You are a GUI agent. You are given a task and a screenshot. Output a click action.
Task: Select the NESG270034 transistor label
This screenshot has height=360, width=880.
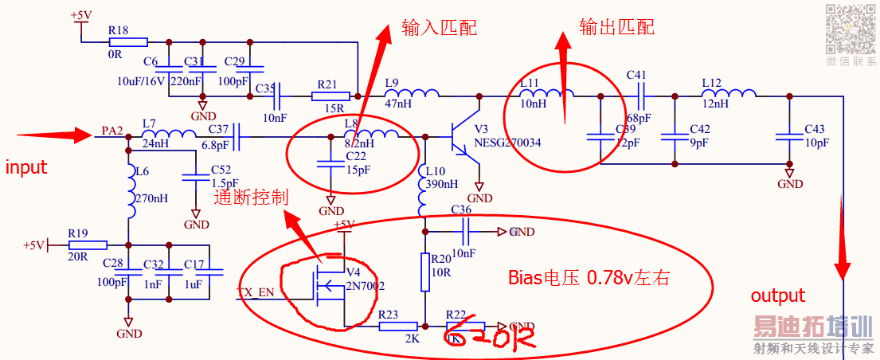click(507, 143)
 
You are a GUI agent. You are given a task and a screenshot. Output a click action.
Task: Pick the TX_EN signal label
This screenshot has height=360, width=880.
click(256, 292)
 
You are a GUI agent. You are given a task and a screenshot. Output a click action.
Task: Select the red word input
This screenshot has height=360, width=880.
click(26, 167)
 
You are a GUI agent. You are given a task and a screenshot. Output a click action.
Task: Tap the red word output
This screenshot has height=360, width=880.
click(778, 295)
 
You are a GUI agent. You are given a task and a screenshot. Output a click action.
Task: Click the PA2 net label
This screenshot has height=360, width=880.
click(112, 131)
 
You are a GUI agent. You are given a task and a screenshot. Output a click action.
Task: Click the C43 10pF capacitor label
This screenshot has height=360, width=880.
click(816, 135)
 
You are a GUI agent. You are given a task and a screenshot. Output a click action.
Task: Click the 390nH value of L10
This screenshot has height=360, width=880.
click(441, 184)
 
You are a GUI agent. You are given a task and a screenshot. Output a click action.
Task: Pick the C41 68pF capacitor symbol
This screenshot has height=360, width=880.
click(639, 97)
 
